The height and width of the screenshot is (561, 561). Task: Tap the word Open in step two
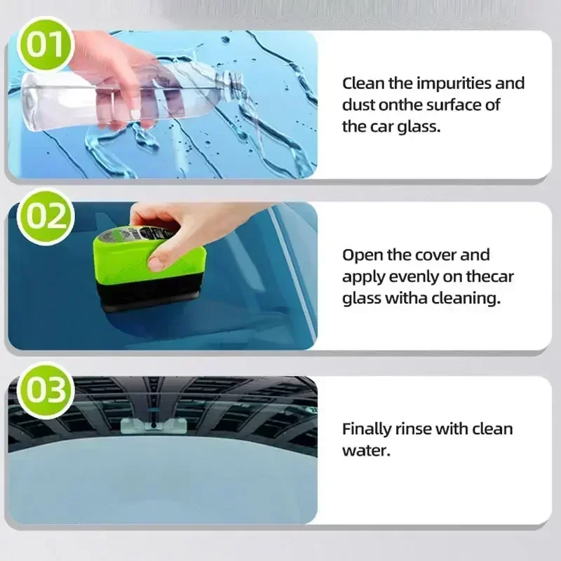[360, 255]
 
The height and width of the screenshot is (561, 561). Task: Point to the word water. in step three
[365, 450]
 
